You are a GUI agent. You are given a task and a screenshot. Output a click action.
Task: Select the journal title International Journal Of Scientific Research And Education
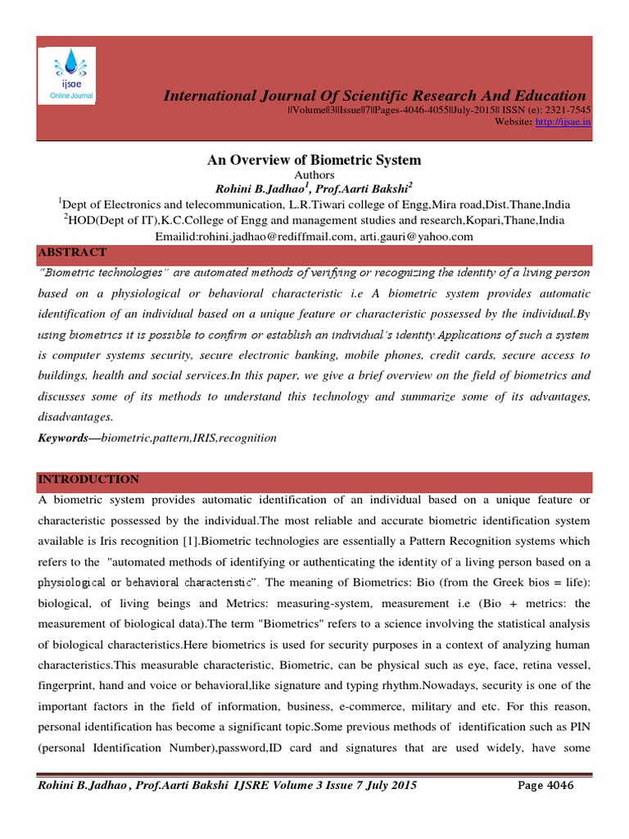point(375,96)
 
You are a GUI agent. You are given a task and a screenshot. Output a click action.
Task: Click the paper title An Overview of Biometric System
point(314,160)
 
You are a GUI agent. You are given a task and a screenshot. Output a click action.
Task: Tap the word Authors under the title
point(314,175)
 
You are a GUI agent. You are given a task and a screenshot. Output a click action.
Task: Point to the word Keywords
point(63,438)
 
